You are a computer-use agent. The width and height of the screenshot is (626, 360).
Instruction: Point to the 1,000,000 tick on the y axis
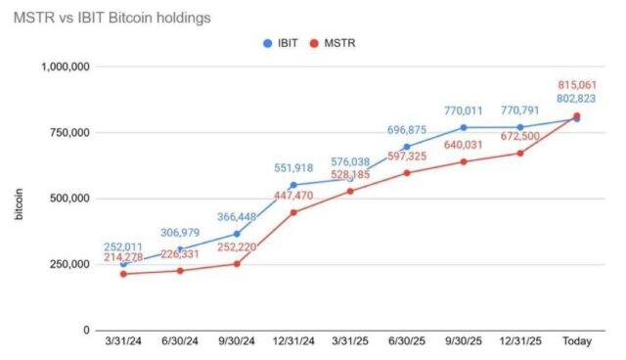click(x=64, y=67)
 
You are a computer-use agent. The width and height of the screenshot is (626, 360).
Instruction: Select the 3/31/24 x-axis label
click(x=122, y=345)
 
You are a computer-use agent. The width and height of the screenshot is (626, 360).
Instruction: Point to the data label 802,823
click(x=575, y=99)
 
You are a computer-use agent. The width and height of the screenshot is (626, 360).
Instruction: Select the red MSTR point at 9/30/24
click(x=236, y=263)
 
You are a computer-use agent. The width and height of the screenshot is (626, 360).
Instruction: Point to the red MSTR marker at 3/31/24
click(x=122, y=274)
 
